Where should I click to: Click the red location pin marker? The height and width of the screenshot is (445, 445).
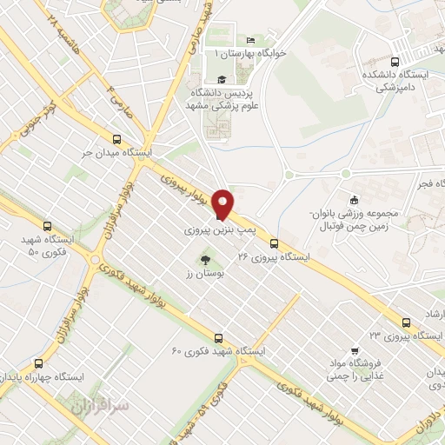[224, 203]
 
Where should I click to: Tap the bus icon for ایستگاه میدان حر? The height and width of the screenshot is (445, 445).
[117, 138]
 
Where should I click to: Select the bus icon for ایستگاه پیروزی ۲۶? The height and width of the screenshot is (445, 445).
[275, 243]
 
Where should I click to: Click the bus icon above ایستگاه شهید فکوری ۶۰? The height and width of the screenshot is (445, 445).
[218, 338]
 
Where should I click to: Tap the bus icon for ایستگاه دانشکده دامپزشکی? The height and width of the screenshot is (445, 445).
[395, 62]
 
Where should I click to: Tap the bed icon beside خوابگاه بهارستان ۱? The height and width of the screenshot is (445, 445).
[251, 40]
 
